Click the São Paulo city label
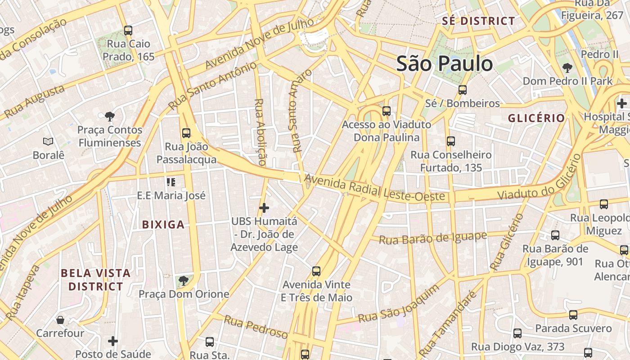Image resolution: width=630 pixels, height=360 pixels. pos(444,63)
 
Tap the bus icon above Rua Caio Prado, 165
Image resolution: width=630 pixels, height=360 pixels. pos(128,31)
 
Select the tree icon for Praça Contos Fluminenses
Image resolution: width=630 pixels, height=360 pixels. pos(109,117)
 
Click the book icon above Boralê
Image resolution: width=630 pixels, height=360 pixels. pos(48,142)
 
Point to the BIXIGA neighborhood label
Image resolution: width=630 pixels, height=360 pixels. pos(163,225)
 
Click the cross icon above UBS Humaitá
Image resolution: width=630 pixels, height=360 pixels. pos(264,208)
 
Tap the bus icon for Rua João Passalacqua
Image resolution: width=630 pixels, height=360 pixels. pos(186,133)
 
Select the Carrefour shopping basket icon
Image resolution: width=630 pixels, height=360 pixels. pos(60,320)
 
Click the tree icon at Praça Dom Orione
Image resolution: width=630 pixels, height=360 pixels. pos(183,281)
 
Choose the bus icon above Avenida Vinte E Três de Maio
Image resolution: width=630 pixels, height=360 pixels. pos(316,271)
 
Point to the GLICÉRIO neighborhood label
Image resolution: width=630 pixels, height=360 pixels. pos(536,118)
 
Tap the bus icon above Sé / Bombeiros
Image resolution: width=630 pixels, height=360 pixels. pos(462,90)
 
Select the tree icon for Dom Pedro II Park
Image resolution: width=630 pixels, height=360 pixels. pos(567,68)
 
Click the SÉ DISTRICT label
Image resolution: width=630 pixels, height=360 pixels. pos(478,21)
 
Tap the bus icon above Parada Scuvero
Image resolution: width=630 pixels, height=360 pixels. pos(573,315)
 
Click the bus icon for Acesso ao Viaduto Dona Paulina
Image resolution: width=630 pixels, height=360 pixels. pos(386,111)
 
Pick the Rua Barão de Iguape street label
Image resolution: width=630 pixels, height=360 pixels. pos(432,238)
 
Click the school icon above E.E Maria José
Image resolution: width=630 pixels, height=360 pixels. pos(171,182)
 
